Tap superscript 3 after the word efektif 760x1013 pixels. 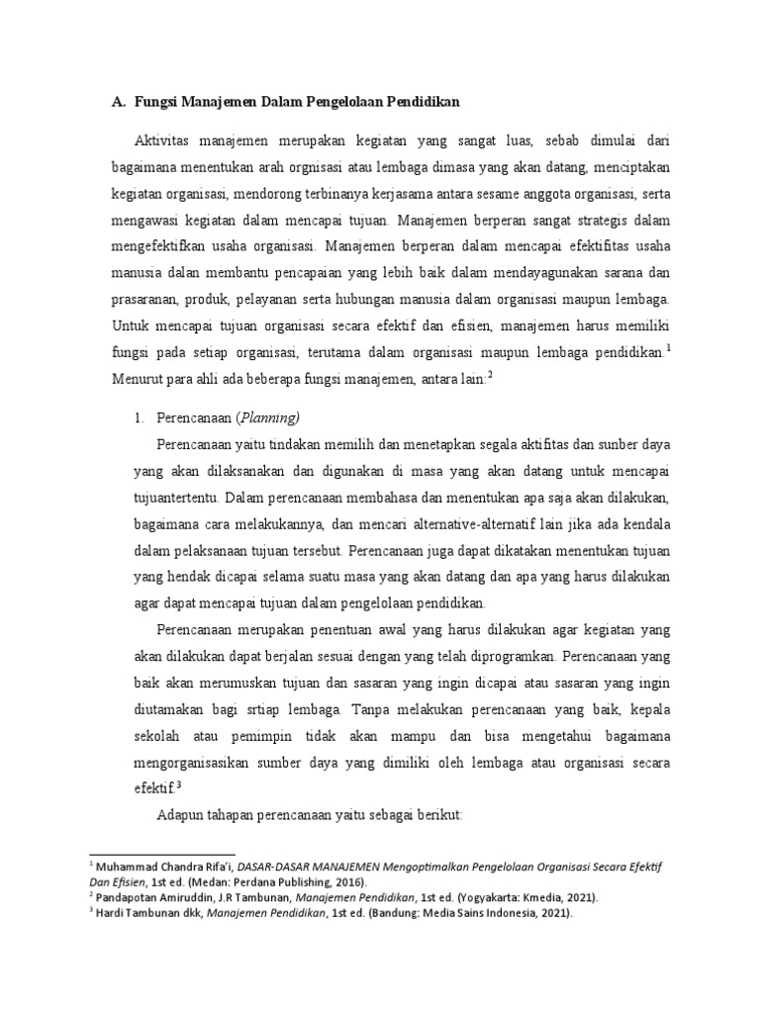178,785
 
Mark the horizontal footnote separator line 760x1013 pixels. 162,854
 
